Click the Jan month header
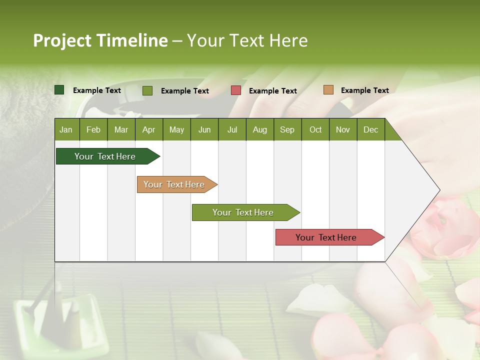click(66, 129)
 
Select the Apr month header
click(149, 129)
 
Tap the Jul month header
click(232, 129)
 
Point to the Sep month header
click(287, 129)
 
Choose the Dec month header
click(370, 129)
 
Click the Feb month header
click(93, 129)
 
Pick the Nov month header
click(342, 129)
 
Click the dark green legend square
click(59, 90)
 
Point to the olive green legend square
click(147, 90)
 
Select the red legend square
click(236, 90)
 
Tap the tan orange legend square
click(328, 90)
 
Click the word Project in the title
click(62, 41)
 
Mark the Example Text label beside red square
click(272, 91)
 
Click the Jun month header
click(204, 129)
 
